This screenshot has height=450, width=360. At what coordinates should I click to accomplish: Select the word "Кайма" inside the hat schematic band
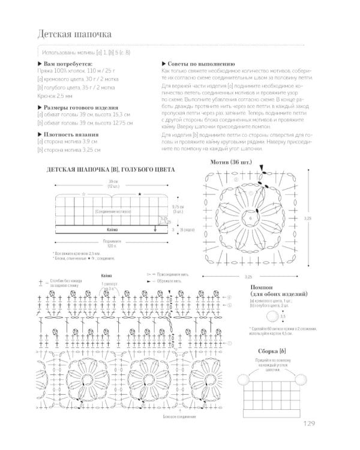[x=112, y=229]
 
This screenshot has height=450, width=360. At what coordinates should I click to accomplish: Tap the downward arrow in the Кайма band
[x=155, y=229]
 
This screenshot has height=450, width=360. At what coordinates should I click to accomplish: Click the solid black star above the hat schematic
[x=139, y=194]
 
